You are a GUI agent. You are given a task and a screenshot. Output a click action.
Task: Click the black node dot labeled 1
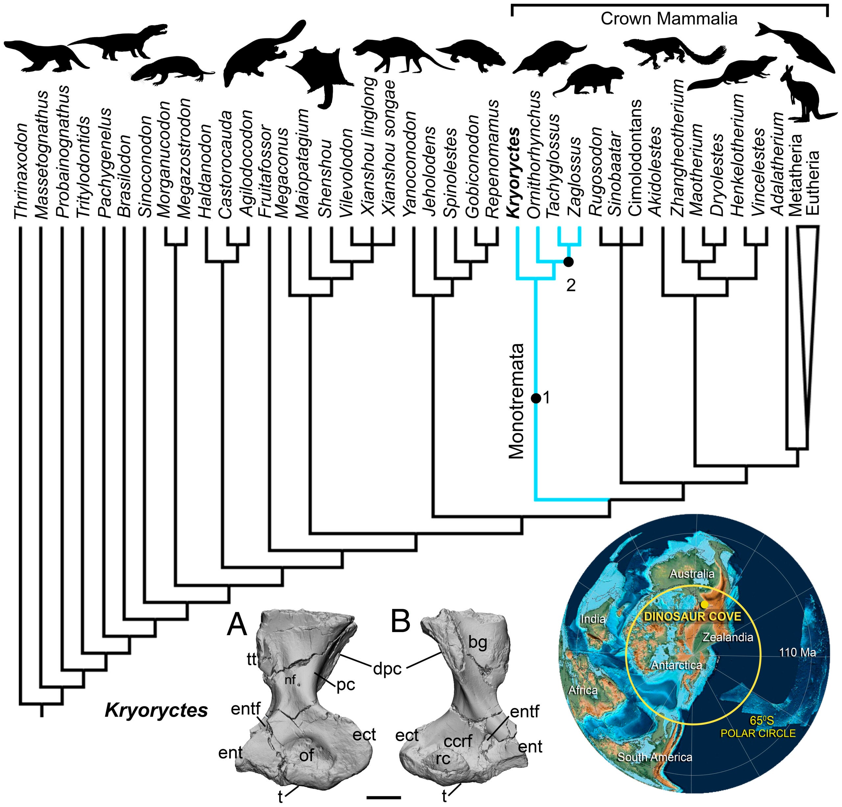(x=536, y=398)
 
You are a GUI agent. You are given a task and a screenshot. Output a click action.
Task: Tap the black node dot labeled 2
(x=568, y=261)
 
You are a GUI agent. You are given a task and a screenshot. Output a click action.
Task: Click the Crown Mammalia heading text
(x=669, y=19)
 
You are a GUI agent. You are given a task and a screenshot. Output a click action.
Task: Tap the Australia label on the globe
(x=692, y=574)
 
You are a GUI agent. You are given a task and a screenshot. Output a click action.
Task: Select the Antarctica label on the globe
(x=676, y=665)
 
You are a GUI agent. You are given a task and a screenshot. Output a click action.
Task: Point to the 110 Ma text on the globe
(x=797, y=652)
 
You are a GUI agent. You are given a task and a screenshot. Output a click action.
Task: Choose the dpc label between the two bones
(x=387, y=668)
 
